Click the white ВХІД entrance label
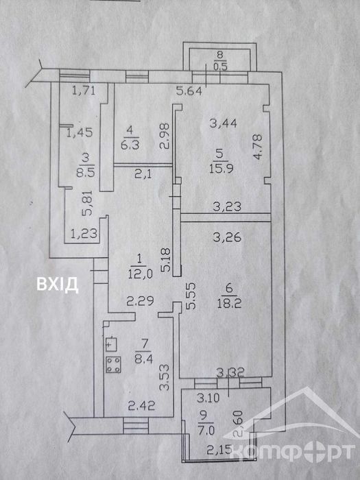[x=57, y=285]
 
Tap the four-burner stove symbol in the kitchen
[x=113, y=365]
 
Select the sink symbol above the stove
[x=111, y=344]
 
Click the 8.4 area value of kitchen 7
[x=143, y=358]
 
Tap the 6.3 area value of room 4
[x=130, y=144]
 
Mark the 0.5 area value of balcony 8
[x=220, y=67]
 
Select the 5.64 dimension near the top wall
[x=189, y=91]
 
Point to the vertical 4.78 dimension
[x=258, y=148]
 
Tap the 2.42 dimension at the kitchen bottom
[x=141, y=406]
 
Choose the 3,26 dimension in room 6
[x=228, y=237]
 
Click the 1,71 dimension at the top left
[x=84, y=91]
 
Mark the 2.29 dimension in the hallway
[x=141, y=302]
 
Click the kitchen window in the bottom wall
[x=136, y=426]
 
